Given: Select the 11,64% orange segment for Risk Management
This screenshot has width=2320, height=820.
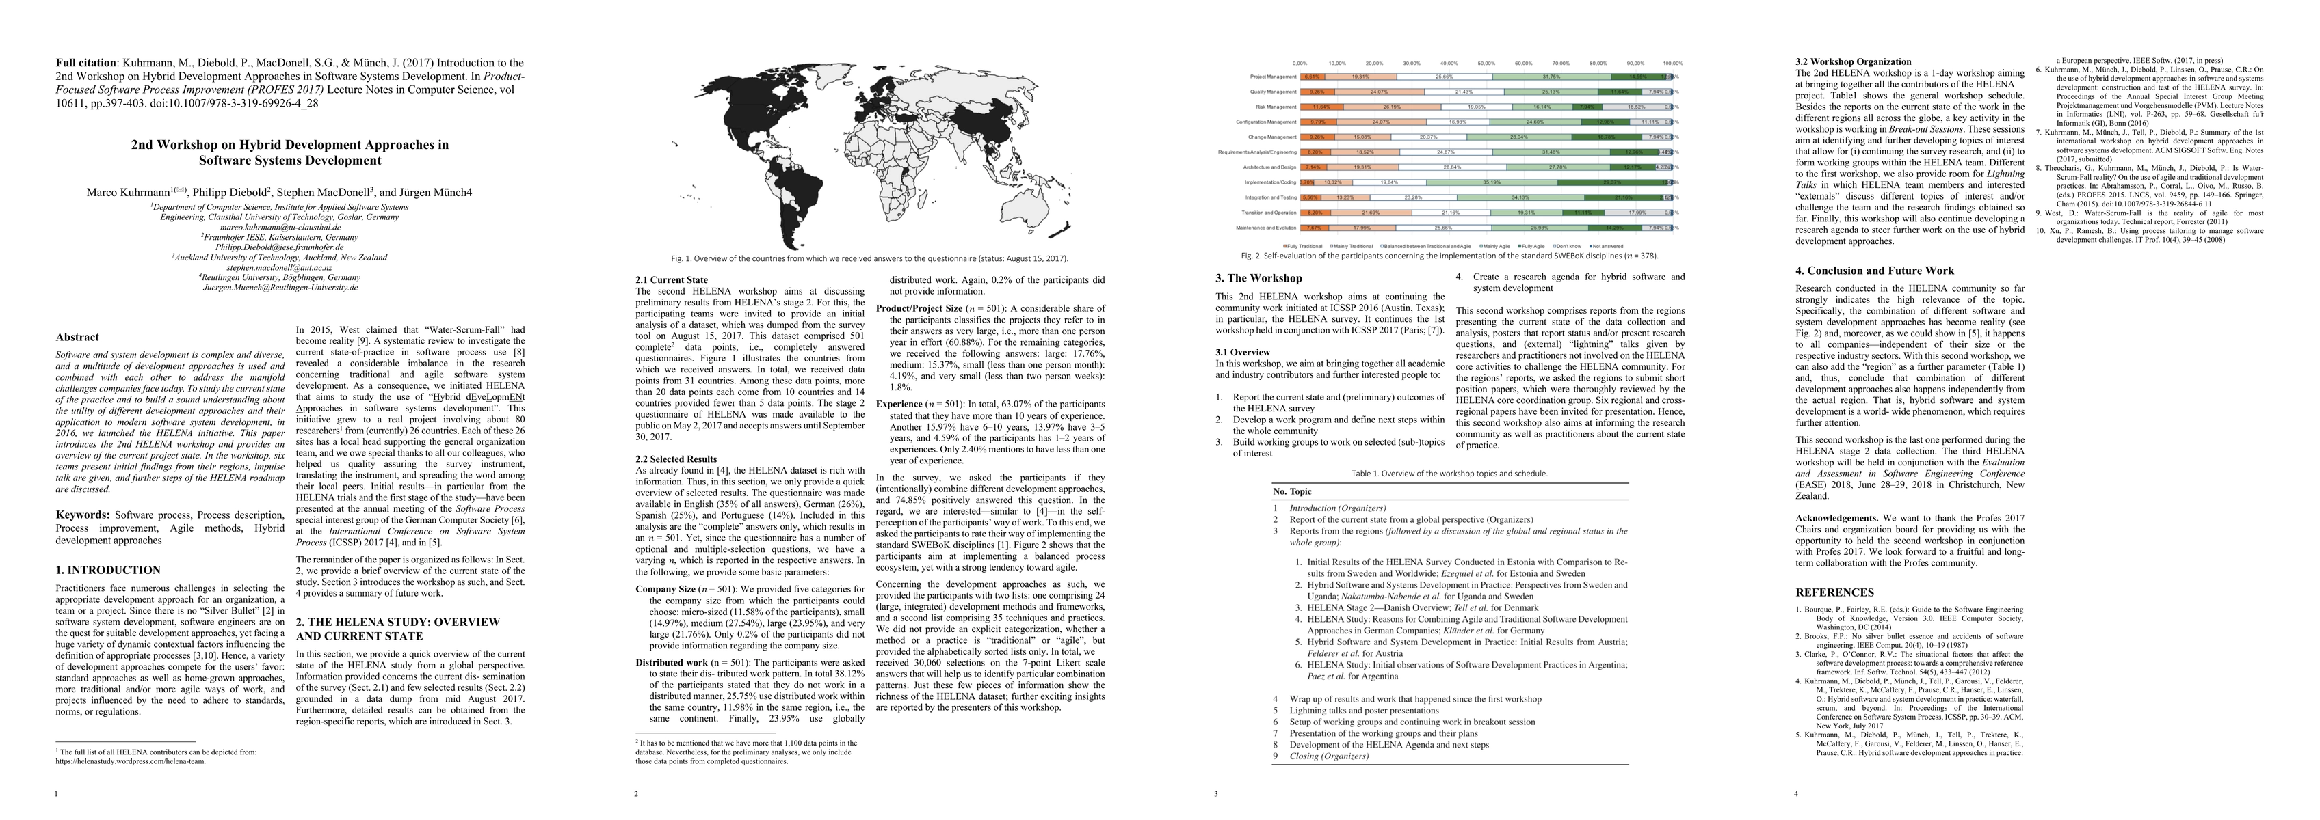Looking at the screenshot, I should click(x=1320, y=106).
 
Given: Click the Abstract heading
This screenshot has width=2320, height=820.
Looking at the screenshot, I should click(x=77, y=338).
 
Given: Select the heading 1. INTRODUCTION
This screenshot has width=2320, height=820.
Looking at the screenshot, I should click(x=108, y=570).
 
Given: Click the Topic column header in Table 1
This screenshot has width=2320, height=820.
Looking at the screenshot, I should click(x=1300, y=491).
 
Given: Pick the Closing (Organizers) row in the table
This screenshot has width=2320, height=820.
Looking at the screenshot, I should click(x=1328, y=756).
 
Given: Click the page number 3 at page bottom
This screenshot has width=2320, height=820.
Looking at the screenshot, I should click(x=1216, y=794).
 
